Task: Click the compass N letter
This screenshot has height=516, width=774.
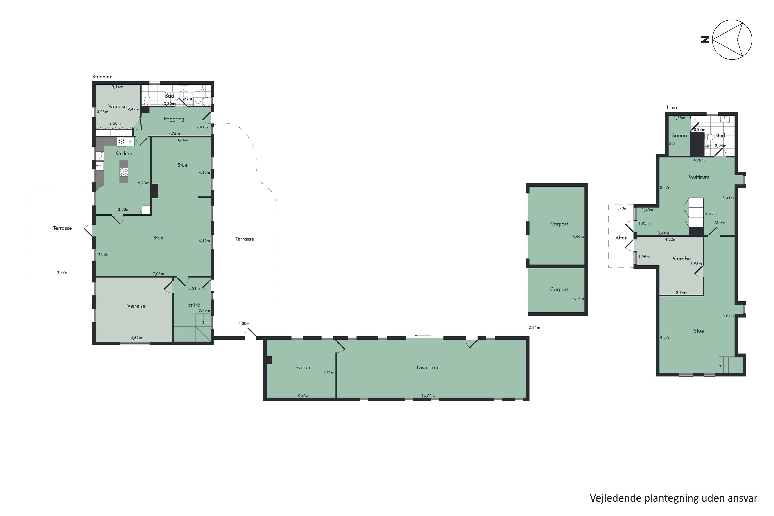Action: pyautogui.click(x=705, y=40)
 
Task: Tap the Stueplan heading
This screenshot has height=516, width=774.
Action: pyautogui.click(x=102, y=77)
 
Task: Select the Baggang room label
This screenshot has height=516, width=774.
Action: pyautogui.click(x=174, y=119)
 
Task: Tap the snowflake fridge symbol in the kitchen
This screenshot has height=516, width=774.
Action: pyautogui.click(x=122, y=141)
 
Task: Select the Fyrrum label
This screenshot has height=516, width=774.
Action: pyautogui.click(x=303, y=368)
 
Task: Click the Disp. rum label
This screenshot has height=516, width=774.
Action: pyautogui.click(x=428, y=368)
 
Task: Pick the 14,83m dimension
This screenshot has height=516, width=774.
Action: pyautogui.click(x=428, y=396)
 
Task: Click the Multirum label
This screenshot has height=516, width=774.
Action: pyautogui.click(x=699, y=177)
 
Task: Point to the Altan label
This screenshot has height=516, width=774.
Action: pyautogui.click(x=621, y=238)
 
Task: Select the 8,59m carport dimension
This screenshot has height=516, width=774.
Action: pyautogui.click(x=578, y=237)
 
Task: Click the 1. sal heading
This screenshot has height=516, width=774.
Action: pyautogui.click(x=672, y=107)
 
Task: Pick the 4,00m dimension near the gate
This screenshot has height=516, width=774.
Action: pyautogui.click(x=244, y=324)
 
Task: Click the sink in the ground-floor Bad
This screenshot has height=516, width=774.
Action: pyautogui.click(x=183, y=88)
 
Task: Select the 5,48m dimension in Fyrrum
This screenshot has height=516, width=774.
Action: pyautogui.click(x=303, y=396)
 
